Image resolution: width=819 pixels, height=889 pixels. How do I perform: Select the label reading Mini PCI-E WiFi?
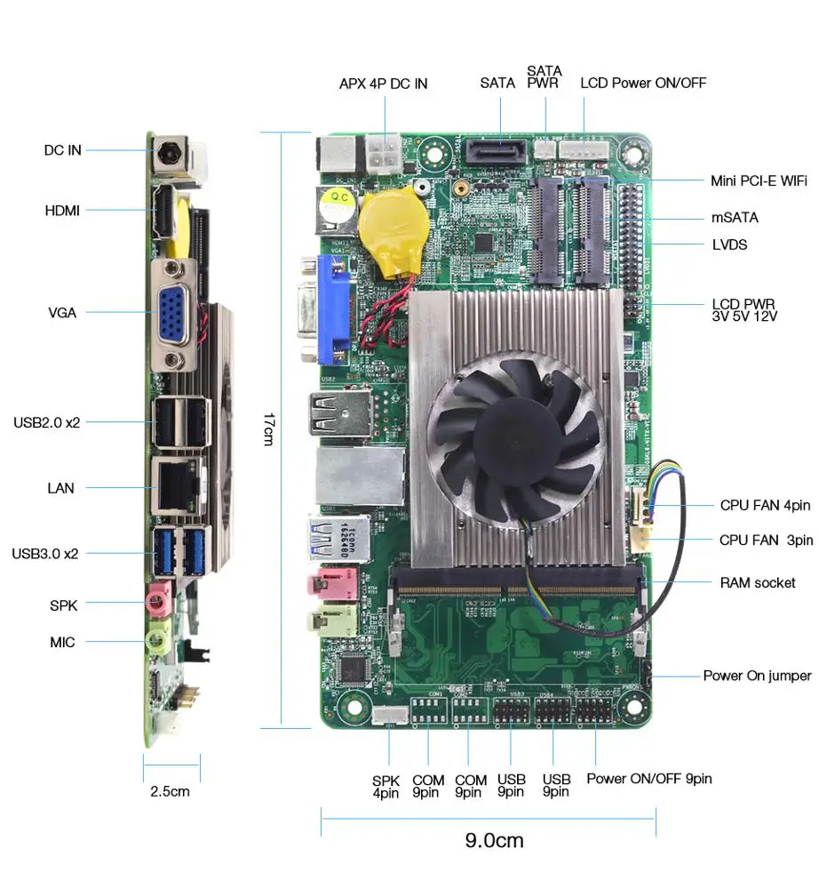tap(759, 180)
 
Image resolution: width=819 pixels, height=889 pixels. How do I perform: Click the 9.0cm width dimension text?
tap(494, 839)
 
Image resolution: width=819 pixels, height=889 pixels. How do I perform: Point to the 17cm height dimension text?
tap(267, 428)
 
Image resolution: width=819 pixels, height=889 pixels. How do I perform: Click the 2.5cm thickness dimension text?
tap(170, 790)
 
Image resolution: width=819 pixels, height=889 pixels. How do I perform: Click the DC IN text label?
tap(62, 150)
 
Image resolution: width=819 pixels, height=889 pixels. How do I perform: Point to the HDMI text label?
tap(62, 211)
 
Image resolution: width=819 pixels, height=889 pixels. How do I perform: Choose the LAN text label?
tap(60, 488)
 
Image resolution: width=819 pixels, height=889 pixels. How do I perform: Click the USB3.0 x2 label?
tap(45, 553)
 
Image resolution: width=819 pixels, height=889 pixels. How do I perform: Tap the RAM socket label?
tap(758, 583)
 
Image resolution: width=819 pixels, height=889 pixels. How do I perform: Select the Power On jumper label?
tap(757, 676)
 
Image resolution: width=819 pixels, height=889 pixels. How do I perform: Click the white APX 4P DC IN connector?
tap(385, 155)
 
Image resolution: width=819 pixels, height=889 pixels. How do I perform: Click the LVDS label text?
tap(729, 244)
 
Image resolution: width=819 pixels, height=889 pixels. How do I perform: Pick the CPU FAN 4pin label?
tap(765, 505)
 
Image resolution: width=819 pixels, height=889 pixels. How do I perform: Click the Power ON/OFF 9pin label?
tap(648, 779)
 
